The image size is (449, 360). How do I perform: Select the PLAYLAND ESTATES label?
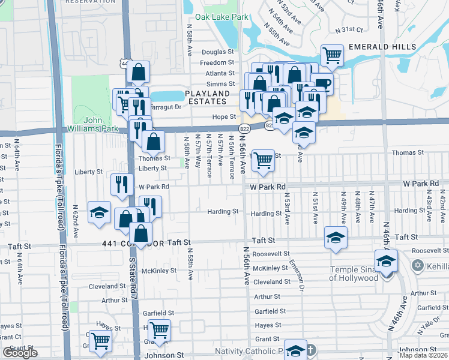[207, 98]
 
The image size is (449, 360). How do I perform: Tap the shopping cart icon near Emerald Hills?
[332, 56]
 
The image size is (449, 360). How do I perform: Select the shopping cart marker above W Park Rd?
[263, 161]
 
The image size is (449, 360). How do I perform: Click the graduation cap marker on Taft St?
[336, 237]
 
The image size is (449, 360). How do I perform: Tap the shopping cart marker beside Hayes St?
[159, 330]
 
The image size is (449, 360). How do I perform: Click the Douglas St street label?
[217, 53]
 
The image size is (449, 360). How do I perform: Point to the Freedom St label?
[217, 63]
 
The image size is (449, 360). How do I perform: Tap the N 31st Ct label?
[349, 29]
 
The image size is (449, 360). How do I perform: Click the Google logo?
[20, 353]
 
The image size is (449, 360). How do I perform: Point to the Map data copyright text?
[424, 355]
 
